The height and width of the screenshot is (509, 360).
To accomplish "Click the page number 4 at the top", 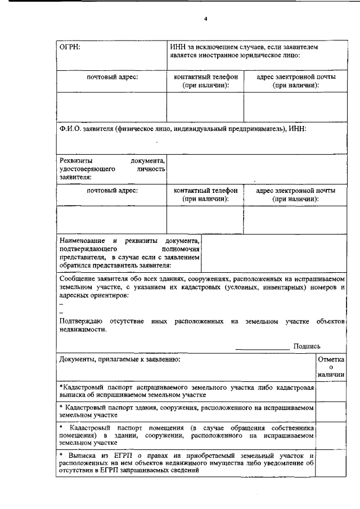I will (206, 20).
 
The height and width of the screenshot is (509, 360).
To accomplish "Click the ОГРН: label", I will (71, 47).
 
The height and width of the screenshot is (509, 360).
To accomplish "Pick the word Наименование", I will (83, 241).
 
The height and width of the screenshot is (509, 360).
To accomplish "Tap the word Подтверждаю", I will (80, 321).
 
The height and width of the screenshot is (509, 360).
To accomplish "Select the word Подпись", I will (307, 346).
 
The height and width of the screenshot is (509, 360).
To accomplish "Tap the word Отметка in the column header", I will (331, 359).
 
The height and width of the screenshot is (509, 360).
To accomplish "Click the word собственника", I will (289, 427).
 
